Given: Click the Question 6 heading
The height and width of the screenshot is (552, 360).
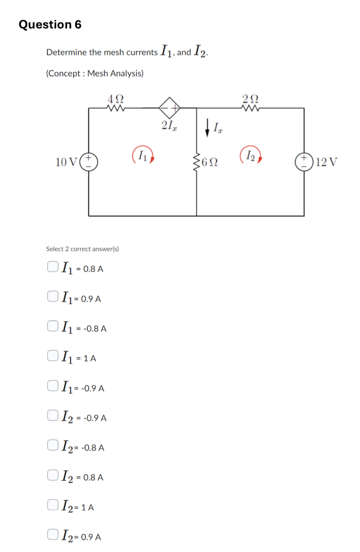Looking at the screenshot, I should coord(50,24).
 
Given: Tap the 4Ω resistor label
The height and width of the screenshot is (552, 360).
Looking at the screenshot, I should coord(116,99).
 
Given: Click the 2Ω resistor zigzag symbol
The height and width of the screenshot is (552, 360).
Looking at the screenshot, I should coord(250,108).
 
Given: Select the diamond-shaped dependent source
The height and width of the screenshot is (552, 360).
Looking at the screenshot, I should coord(169,108).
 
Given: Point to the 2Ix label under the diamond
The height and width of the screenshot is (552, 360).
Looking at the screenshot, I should coord(169,125).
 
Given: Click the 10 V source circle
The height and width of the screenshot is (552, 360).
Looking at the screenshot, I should coord(89,162).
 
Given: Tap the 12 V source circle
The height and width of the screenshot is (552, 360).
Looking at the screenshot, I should coord(304,162).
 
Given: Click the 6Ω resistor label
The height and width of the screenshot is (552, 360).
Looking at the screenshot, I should coord(210,162).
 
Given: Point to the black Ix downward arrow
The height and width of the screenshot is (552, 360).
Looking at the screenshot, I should coord(207,128).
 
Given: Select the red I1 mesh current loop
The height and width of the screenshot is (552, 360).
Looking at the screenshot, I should coord(143,155).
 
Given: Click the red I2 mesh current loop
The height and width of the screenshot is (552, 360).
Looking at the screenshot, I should coord(251,155).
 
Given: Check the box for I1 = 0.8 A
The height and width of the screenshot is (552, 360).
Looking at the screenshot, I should coord(53,266).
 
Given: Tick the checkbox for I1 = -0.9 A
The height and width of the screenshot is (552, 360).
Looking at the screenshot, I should coord(53,386).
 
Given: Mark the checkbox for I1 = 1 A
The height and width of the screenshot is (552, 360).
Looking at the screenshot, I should coord(53,356).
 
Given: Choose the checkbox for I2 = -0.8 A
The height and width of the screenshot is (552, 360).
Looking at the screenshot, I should coord(53,445).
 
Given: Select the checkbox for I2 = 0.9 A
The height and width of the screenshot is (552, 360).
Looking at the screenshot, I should coord(53,534).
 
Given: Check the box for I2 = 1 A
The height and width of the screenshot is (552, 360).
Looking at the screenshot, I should coord(53,505).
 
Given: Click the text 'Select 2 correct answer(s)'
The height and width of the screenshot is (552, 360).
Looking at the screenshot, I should coord(82,249).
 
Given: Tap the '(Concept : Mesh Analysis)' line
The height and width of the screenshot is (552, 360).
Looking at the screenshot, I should coord(95,73).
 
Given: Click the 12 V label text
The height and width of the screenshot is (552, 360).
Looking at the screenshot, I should coord(326,162).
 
